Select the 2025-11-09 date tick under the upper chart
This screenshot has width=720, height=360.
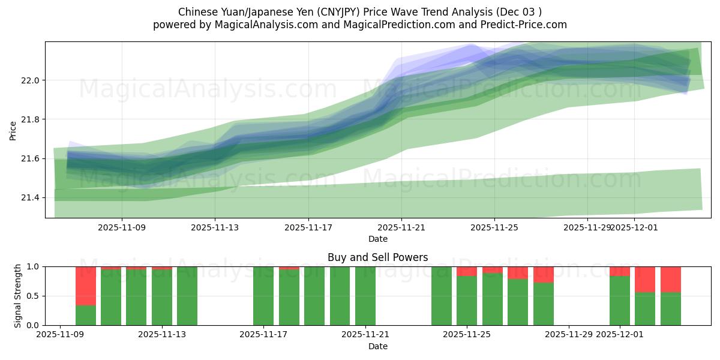122,227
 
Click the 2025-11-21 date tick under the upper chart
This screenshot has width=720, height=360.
401,227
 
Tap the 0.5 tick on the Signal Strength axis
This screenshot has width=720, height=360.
34,296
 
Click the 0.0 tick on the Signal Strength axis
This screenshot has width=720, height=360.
34,325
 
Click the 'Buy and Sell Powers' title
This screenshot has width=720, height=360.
377,257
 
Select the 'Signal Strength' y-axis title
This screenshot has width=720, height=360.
18,296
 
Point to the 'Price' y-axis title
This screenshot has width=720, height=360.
13,130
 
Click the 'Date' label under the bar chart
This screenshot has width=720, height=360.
377,346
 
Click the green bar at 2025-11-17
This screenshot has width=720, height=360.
263,296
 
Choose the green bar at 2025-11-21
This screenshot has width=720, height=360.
365,296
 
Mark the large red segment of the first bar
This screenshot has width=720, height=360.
86,286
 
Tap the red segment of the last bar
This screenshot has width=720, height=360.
671,279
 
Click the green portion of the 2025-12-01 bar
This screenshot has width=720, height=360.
620,301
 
